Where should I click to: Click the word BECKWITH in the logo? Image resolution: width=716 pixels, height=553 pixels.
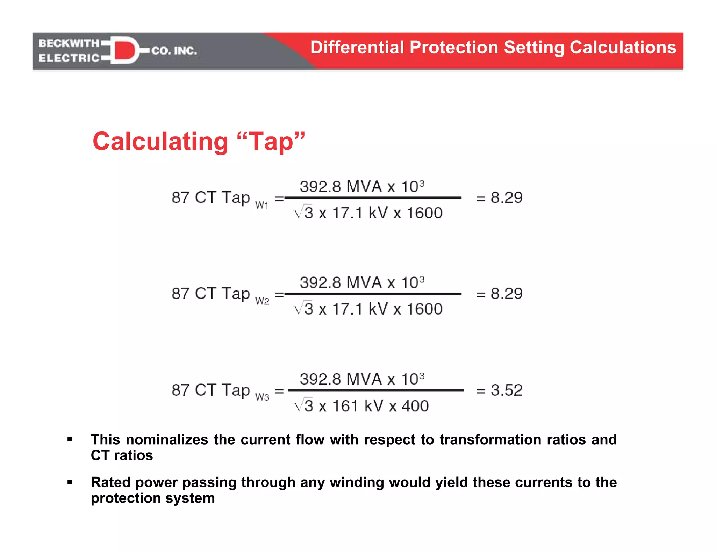69,43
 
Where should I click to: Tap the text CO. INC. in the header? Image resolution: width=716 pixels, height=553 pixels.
174,51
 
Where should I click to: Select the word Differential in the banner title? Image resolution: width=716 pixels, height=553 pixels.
357,48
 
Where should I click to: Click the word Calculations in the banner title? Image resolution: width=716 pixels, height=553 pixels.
623,48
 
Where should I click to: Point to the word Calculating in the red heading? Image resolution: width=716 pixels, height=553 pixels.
160,142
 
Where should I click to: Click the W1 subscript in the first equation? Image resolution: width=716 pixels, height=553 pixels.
262,206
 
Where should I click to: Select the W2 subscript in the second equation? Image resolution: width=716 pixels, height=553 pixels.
262,301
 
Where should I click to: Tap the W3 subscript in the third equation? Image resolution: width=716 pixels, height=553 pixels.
262,397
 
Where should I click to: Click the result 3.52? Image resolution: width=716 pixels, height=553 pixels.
506,390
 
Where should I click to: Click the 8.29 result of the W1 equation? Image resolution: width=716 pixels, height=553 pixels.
506,198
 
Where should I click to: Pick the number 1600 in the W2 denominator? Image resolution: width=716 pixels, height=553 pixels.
424,309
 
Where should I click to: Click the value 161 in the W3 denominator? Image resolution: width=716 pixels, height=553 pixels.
345,406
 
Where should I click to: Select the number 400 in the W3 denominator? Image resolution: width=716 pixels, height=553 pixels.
415,406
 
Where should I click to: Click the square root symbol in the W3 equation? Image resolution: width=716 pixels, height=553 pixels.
299,405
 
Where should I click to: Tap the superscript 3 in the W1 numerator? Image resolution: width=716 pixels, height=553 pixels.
422,183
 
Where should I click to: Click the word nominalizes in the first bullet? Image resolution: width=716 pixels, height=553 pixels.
166,440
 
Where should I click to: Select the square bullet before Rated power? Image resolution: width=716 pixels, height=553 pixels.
70,482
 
